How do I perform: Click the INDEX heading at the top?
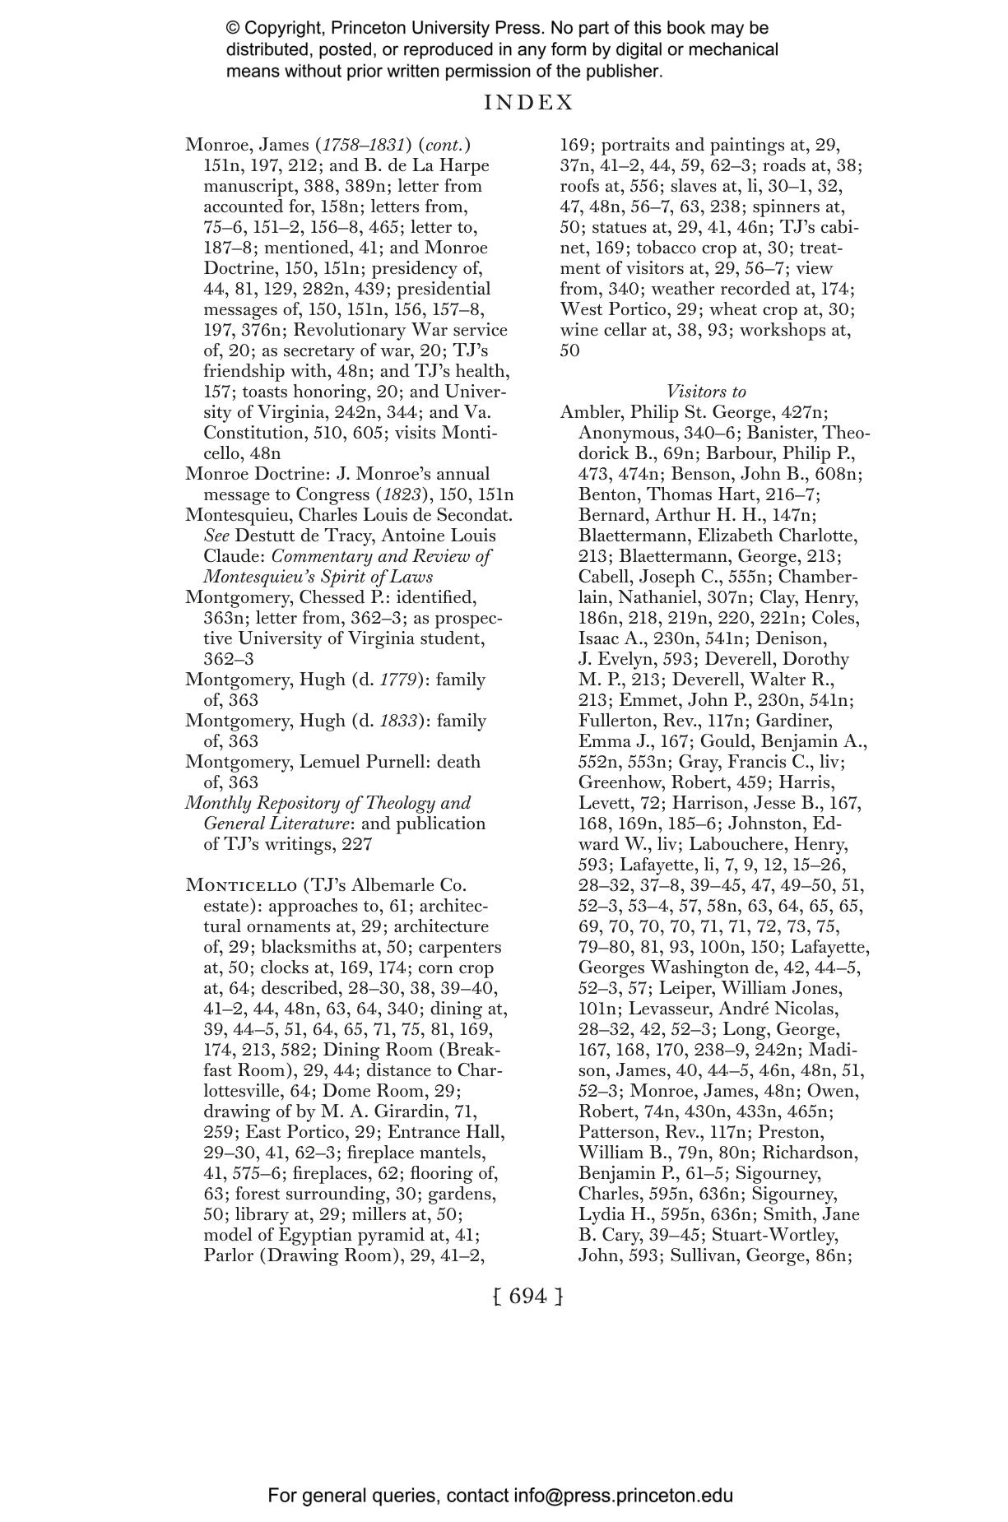point(528,103)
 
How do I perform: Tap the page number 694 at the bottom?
point(528,1296)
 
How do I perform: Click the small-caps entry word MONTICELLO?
point(241,885)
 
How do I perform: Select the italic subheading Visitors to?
point(706,392)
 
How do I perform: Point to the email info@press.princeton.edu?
point(624,1495)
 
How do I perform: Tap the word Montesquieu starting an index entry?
point(236,515)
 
